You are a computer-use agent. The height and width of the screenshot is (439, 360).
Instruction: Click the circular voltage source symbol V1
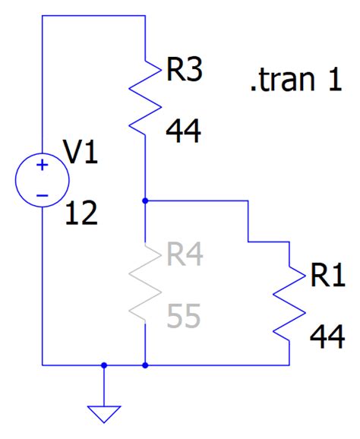pyautogui.click(x=43, y=180)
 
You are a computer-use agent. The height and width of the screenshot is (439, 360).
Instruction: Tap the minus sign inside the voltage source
pyautogui.click(x=43, y=194)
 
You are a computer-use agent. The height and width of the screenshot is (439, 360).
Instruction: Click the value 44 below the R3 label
pyautogui.click(x=183, y=132)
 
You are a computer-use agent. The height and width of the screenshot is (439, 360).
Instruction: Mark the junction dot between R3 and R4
pyautogui.click(x=144, y=201)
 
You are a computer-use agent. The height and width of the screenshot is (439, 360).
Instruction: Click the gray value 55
pyautogui.click(x=183, y=316)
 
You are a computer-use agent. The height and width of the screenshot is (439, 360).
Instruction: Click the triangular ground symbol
pyautogui.click(x=104, y=414)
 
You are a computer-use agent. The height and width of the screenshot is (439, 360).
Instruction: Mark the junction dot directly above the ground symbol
pyautogui.click(x=104, y=365)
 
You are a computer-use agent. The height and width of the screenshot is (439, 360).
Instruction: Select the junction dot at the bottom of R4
pyautogui.click(x=144, y=365)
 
